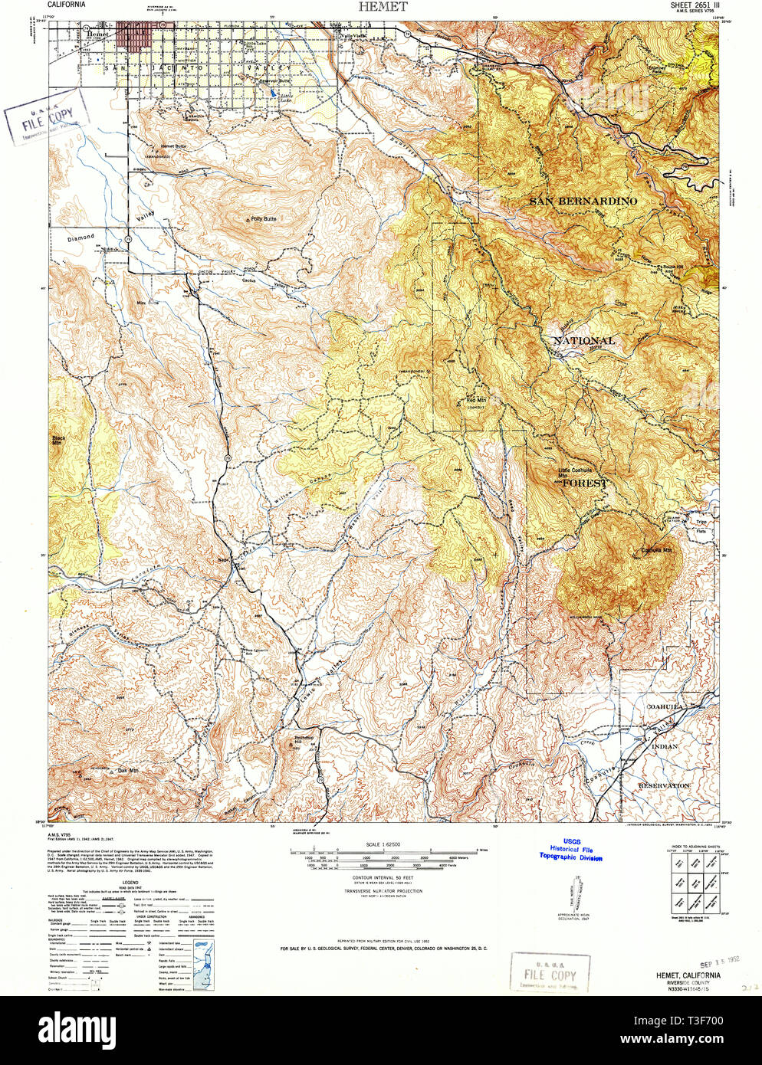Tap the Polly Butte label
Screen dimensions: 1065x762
pyautogui.click(x=263, y=219)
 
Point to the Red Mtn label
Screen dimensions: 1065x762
pyautogui.click(x=476, y=400)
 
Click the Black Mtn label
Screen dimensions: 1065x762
pyautogui.click(x=58, y=441)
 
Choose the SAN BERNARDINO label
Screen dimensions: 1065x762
pyautogui.click(x=583, y=201)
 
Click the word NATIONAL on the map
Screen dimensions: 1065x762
pyautogui.click(x=584, y=340)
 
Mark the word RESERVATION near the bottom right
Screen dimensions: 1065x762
pyautogui.click(x=664, y=785)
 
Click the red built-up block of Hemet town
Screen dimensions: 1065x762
pyautogui.click(x=133, y=38)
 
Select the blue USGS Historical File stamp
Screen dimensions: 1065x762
pyautogui.click(x=571, y=849)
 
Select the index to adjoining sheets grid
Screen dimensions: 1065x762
pyautogui.click(x=689, y=881)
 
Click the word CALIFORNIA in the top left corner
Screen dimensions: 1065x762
pyautogui.click(x=67, y=5)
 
